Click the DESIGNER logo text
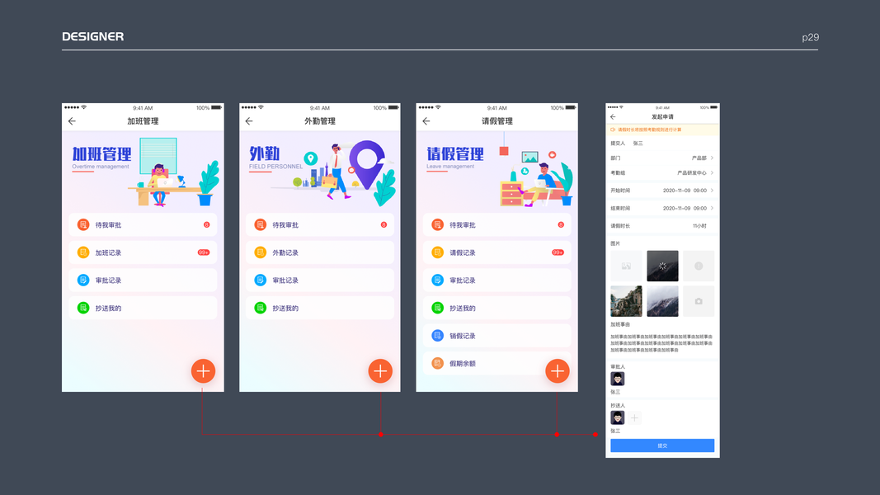tap(92, 36)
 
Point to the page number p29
tap(810, 37)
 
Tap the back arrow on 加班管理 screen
tap(72, 121)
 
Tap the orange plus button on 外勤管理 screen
tap(380, 371)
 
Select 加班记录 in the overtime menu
tap(108, 252)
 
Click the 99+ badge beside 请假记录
tap(558, 252)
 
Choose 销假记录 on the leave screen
tap(463, 336)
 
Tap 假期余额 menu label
tap(463, 363)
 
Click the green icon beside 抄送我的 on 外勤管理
tap(261, 308)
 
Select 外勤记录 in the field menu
tap(285, 252)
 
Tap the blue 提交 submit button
tap(662, 445)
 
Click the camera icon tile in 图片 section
tap(699, 301)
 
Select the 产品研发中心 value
tap(691, 173)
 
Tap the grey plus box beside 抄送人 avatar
tap(634, 418)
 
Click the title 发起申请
tap(662, 117)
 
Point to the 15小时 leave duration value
tap(699, 225)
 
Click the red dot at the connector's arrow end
tap(595, 434)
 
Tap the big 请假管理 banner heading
tap(455, 154)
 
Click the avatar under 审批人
tap(617, 379)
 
